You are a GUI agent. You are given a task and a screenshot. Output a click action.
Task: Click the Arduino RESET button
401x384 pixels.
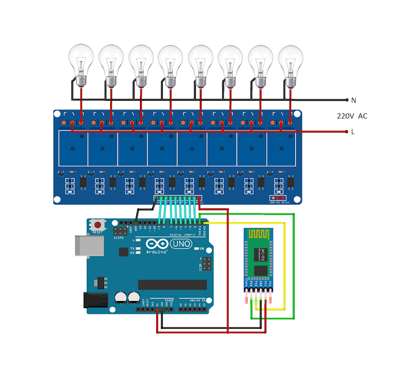coord(98,225)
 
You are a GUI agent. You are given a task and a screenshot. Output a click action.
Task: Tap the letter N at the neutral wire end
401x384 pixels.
coord(354,100)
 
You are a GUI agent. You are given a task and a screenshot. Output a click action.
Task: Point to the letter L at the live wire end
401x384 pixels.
coord(353,132)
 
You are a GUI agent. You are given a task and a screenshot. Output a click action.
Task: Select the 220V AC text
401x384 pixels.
coord(352,116)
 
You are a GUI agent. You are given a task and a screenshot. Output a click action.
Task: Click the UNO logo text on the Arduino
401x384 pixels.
coord(181,244)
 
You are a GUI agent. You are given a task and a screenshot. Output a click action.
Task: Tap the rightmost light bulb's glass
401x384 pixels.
coord(290,59)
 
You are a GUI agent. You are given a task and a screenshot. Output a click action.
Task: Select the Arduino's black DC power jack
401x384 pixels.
coord(95,300)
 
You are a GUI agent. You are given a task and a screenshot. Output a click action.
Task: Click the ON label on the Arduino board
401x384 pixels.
coord(202,249)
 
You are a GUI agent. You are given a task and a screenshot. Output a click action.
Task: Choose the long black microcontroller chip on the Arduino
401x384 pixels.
coord(172,285)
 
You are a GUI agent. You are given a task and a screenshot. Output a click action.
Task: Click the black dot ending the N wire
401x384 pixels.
coord(347,100)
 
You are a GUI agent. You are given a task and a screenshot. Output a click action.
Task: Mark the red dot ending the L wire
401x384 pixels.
coord(346,131)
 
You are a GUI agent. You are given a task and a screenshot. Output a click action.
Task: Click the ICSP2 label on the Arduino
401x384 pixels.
coord(119,238)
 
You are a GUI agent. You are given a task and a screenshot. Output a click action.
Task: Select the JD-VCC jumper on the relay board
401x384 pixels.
coord(279,198)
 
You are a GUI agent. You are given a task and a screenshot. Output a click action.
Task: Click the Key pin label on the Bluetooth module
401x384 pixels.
coord(271,283)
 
